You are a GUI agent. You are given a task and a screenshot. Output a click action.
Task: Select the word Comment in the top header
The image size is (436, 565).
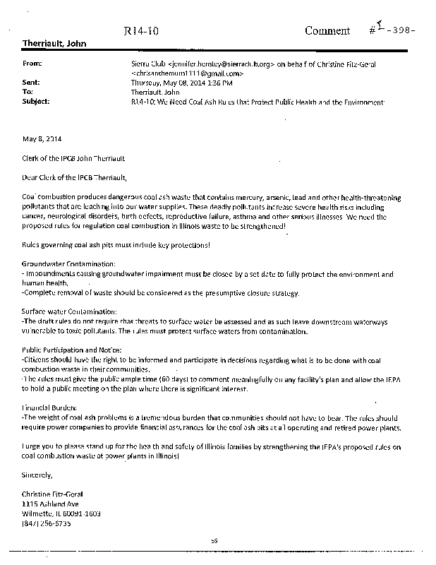[327, 30]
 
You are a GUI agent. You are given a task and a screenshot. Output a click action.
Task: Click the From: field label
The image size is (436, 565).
[32, 63]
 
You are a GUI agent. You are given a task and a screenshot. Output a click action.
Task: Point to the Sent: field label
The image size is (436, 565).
[32, 83]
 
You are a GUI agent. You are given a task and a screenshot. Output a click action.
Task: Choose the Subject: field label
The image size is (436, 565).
[36, 102]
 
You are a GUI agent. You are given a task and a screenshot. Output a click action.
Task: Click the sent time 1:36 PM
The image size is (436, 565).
[207, 83]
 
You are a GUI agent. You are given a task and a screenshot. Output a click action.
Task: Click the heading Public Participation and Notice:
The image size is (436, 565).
[72, 350]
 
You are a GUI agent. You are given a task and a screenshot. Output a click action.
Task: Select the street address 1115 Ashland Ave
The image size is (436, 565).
[50, 505]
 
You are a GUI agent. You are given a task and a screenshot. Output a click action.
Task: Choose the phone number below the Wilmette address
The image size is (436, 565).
[48, 524]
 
